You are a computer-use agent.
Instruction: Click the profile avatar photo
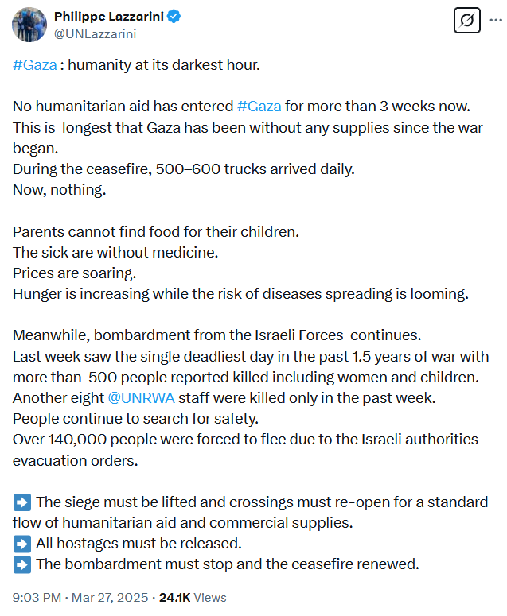[29, 25]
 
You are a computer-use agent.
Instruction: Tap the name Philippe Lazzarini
[107, 17]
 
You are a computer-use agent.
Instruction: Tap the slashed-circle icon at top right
[467, 21]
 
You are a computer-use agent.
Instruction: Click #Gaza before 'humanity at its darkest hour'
[35, 65]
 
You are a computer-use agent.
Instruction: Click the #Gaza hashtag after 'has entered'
[259, 107]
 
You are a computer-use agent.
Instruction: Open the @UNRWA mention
[141, 397]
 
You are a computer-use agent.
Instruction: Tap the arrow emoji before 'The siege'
[22, 502]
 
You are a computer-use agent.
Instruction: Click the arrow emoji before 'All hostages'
[22, 544]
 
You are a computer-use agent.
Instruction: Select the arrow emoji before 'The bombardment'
[22, 564]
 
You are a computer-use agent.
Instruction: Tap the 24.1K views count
[176, 597]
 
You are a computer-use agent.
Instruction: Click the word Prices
[33, 273]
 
